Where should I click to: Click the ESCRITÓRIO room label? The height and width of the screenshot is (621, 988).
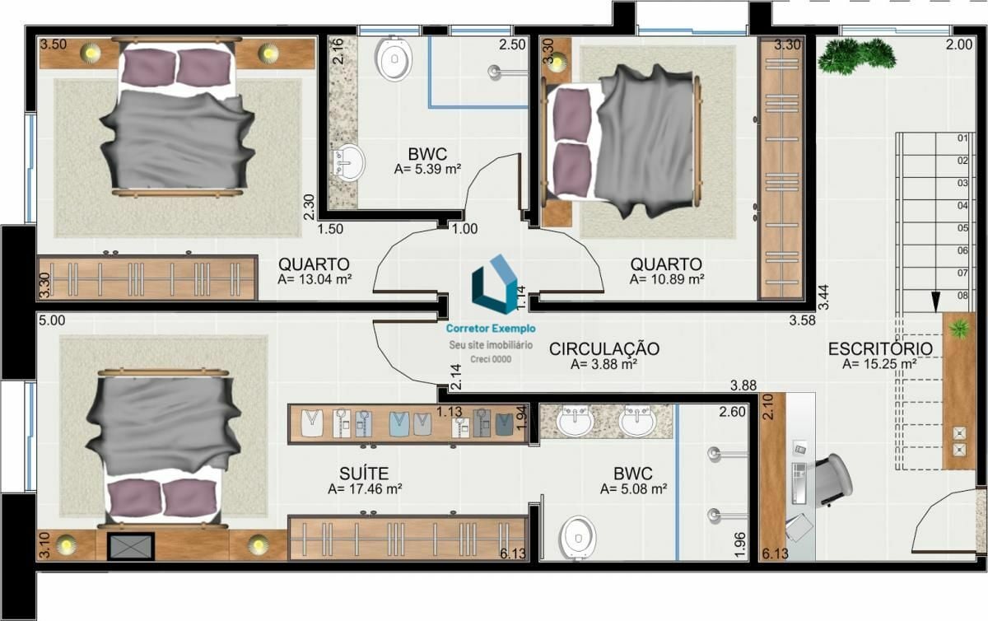(880, 348)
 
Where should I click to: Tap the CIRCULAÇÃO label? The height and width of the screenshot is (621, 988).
(604, 348)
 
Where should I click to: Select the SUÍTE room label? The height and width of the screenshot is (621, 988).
(364, 474)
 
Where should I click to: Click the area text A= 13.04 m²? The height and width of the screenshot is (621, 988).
(315, 279)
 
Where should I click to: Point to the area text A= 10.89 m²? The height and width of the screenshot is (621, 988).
(666, 279)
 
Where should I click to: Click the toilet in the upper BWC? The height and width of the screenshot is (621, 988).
(394, 58)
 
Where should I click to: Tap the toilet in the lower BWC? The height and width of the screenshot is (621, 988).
(577, 538)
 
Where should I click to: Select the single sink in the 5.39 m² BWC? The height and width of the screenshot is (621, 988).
(349, 162)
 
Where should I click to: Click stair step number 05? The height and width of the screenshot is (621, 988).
(962, 228)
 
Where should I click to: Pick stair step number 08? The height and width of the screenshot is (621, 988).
(962, 295)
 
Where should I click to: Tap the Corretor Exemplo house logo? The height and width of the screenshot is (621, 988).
(495, 284)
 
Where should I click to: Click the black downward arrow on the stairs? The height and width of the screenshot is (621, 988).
(935, 301)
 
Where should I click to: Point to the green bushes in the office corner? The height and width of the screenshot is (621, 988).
(856, 56)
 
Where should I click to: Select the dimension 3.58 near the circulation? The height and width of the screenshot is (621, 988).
(802, 320)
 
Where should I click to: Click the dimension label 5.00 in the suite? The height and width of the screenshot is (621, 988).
(52, 320)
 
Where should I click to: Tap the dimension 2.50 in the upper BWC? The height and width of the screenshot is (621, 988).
(512, 44)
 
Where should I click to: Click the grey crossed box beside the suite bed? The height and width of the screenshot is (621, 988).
(131, 546)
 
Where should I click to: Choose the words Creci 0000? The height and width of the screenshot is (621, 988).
(491, 359)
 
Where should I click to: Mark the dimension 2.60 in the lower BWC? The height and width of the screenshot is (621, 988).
(732, 412)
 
